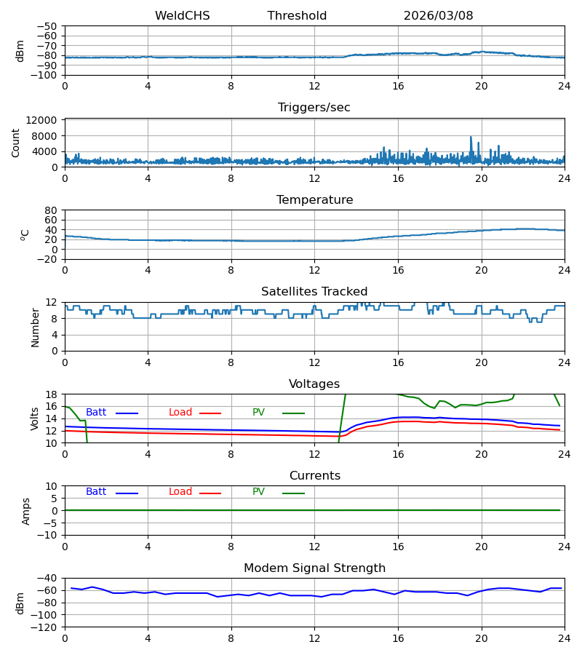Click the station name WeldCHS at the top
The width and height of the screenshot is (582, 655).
tap(183, 15)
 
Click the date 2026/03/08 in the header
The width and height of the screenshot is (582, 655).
tap(438, 15)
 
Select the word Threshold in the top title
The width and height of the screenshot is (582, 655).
tap(297, 15)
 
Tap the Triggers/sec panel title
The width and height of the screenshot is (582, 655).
tap(314, 108)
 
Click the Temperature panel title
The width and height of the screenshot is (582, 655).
tap(314, 199)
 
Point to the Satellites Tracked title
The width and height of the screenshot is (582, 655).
tap(314, 292)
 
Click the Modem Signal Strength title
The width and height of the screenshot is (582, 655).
tap(314, 568)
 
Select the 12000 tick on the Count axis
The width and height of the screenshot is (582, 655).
tap(41, 120)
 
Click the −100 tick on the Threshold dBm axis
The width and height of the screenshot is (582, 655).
tap(47, 75)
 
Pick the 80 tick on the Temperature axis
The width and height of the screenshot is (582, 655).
tap(51, 210)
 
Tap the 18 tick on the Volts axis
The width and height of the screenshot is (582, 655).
tap(51, 394)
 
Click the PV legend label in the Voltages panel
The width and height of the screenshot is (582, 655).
tap(258, 413)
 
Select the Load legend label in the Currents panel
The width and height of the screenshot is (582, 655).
tap(180, 492)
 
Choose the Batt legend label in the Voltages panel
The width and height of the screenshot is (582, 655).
tap(96, 413)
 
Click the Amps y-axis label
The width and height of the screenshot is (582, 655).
tap(26, 512)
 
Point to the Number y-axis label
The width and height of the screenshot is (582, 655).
tap(35, 327)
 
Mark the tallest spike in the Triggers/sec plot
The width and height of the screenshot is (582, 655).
tap(471, 137)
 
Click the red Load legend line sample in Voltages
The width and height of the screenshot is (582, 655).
tap(210, 413)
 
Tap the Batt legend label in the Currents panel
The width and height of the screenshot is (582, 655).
tap(96, 492)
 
